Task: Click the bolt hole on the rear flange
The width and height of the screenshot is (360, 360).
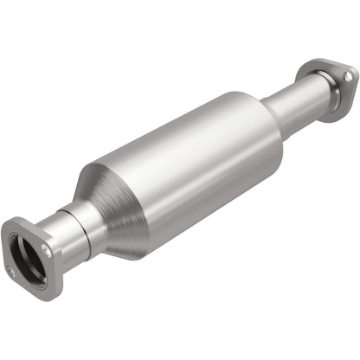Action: [347, 76]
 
